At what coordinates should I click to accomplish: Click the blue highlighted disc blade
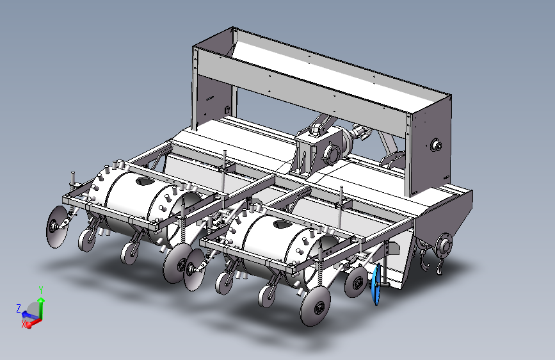coord(376,284)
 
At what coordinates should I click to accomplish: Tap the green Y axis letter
coord(41,291)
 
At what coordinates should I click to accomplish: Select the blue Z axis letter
coord(19,308)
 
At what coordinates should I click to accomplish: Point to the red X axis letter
coord(24,324)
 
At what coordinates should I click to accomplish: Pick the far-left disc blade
coord(56,227)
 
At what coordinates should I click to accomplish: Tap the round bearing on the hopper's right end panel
coord(436,145)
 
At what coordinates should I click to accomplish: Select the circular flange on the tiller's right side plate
coord(444,245)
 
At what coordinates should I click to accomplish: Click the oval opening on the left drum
coord(145,181)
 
